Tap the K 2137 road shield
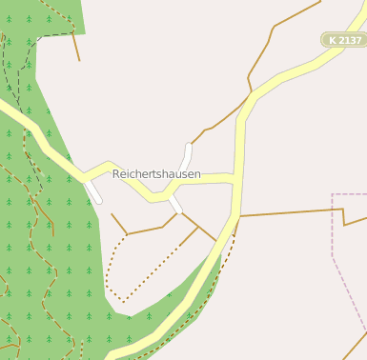343,40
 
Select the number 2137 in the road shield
349,40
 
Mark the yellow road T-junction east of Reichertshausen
234,178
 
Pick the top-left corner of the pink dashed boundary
332,194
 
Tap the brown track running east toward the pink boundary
286,212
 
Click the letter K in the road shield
333,40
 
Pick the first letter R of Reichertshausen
116,174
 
